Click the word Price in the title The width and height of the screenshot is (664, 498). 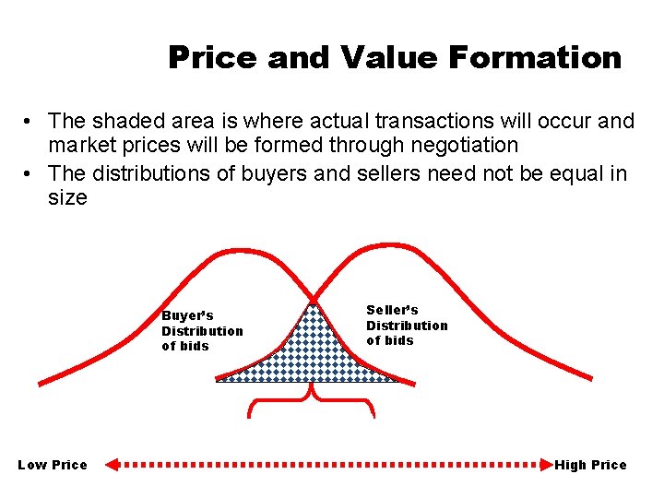point(213,58)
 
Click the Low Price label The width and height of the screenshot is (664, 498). point(53,465)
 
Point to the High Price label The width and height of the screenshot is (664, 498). point(590,465)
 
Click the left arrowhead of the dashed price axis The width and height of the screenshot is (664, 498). point(113,465)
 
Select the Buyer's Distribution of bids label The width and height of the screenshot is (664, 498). point(202,331)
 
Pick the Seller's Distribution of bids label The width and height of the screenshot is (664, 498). point(407,326)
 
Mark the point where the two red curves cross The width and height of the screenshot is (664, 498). point(314,301)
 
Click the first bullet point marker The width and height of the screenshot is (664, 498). point(30,121)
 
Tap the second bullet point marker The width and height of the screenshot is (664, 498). point(30,173)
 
